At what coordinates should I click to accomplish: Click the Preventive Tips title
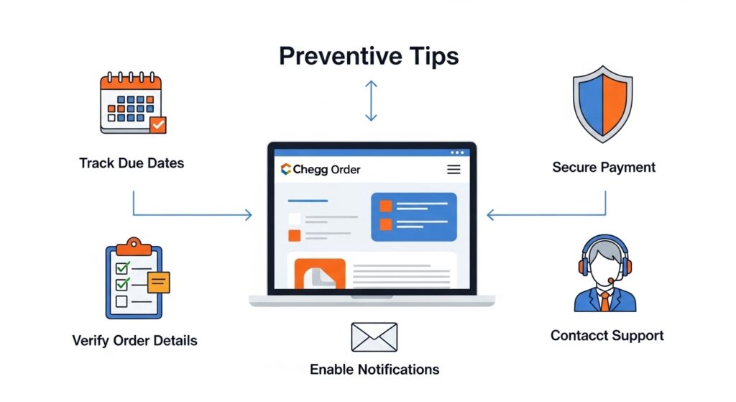point(369,56)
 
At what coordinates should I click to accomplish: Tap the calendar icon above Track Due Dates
point(132,104)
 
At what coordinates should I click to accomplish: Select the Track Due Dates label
point(132,163)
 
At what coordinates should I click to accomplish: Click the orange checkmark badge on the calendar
point(157,125)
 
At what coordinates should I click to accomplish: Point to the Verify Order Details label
point(134,340)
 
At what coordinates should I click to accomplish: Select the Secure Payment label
point(604,168)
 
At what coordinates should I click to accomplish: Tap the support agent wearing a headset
point(604,275)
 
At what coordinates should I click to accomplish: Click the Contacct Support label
point(607,335)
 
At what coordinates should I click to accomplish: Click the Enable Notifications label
point(374,370)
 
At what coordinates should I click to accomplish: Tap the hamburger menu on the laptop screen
point(454,170)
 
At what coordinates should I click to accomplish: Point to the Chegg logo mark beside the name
point(286,170)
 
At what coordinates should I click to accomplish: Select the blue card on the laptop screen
point(413,216)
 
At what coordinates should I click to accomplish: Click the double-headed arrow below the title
point(371,101)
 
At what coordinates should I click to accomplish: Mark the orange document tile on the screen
point(320,275)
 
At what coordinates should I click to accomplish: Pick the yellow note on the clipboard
point(158,282)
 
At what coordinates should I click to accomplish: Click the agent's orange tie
point(605,301)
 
